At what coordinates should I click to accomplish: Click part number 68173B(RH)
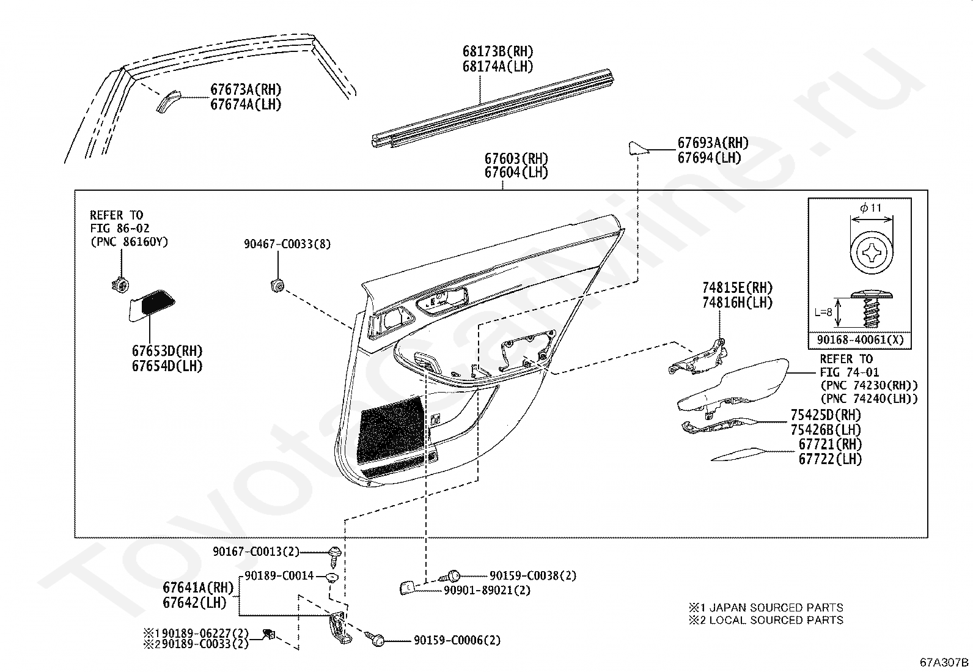coord(498,52)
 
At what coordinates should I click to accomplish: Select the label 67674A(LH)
coord(246,105)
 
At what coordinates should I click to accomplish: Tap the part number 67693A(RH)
coord(713,143)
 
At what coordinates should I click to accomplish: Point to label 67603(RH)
coord(516,158)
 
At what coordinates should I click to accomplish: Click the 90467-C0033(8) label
coord(287,244)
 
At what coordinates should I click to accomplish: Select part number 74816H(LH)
coord(737,302)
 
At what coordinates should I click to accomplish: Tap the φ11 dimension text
coord(870,208)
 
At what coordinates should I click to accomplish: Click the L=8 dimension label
coord(823,312)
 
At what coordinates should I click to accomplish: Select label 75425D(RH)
coord(825,415)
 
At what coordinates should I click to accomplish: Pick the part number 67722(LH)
coord(829,459)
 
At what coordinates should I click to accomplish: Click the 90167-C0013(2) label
coord(256,552)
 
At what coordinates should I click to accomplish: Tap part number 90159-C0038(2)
coord(532,575)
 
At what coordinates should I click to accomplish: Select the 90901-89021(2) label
coord(486,590)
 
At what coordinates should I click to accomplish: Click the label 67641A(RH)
coord(198,588)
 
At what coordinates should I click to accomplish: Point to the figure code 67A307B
coord(945,662)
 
